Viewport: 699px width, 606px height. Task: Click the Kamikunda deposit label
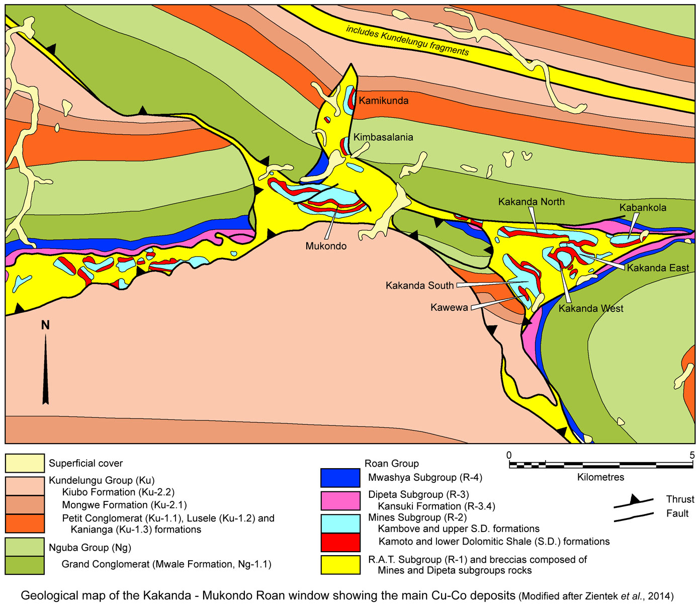click(383, 101)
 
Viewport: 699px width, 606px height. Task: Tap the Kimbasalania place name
click(383, 137)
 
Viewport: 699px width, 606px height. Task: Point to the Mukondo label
click(326, 246)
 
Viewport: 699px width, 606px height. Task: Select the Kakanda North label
click(531, 202)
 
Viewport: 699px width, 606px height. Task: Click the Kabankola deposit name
click(643, 208)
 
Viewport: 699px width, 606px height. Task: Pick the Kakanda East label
click(657, 268)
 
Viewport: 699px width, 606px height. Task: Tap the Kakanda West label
click(590, 308)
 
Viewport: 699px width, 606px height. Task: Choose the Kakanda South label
click(419, 286)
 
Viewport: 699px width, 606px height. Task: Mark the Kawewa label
click(449, 307)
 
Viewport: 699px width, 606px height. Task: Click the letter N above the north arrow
click(45, 325)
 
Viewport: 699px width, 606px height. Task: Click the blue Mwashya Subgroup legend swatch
click(340, 478)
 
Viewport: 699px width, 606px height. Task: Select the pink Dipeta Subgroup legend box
click(340, 500)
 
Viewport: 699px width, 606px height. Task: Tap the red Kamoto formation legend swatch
click(340, 542)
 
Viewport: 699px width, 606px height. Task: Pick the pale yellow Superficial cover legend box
click(25, 463)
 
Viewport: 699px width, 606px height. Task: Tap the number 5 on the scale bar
click(691, 455)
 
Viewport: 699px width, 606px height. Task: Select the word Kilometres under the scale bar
click(600, 477)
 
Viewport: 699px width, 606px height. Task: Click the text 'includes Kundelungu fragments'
click(407, 40)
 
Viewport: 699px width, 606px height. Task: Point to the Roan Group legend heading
click(391, 463)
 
